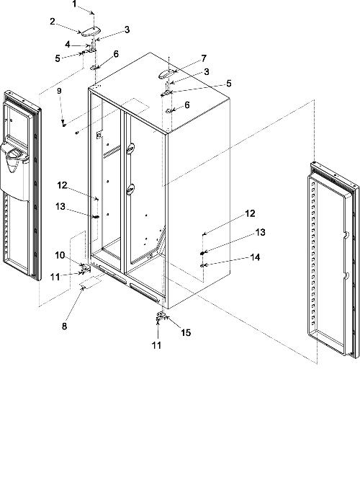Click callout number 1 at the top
[x=74, y=4]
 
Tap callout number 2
[x=53, y=21]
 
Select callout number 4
[x=68, y=45]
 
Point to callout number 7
[x=204, y=58]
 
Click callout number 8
[x=64, y=326]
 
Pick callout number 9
[x=59, y=91]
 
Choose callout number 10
[x=60, y=255]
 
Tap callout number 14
[x=255, y=257]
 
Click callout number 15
[x=186, y=332]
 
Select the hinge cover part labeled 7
[x=167, y=74]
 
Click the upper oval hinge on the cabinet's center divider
[x=130, y=148]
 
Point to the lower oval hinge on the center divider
[x=130, y=189]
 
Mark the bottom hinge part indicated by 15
[x=161, y=316]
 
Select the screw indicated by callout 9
[x=63, y=123]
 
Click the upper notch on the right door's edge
[x=346, y=236]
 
